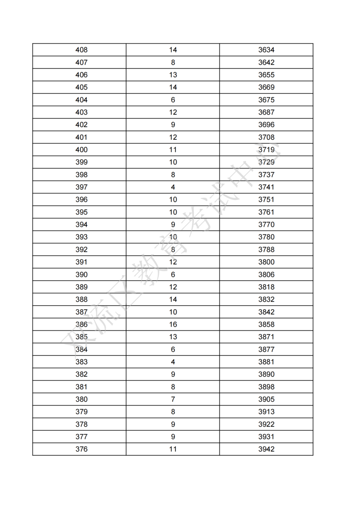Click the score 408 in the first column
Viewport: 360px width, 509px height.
[x=81, y=50]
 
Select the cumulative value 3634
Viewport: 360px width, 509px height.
[x=266, y=50]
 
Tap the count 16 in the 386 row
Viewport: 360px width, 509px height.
[x=173, y=324]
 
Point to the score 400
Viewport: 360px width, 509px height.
[x=81, y=150]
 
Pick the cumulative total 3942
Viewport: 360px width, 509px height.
[x=266, y=449]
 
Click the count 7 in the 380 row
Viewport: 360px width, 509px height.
[x=173, y=399]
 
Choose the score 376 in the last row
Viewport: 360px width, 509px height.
[x=81, y=449]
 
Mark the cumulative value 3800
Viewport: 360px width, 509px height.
[x=266, y=262]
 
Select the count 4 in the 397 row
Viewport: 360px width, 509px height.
[x=173, y=187]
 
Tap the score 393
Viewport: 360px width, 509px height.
[x=81, y=237]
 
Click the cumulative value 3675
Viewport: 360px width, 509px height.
[x=266, y=100]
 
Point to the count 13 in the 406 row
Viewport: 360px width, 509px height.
[x=173, y=75]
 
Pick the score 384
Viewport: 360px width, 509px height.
[x=81, y=349]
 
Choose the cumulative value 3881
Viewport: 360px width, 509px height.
[x=266, y=362]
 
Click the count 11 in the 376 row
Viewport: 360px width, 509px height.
[x=173, y=449]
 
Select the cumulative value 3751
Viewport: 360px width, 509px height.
[x=266, y=199]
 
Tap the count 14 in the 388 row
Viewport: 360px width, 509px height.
[x=173, y=299]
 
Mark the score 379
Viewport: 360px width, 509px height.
[x=81, y=412]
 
